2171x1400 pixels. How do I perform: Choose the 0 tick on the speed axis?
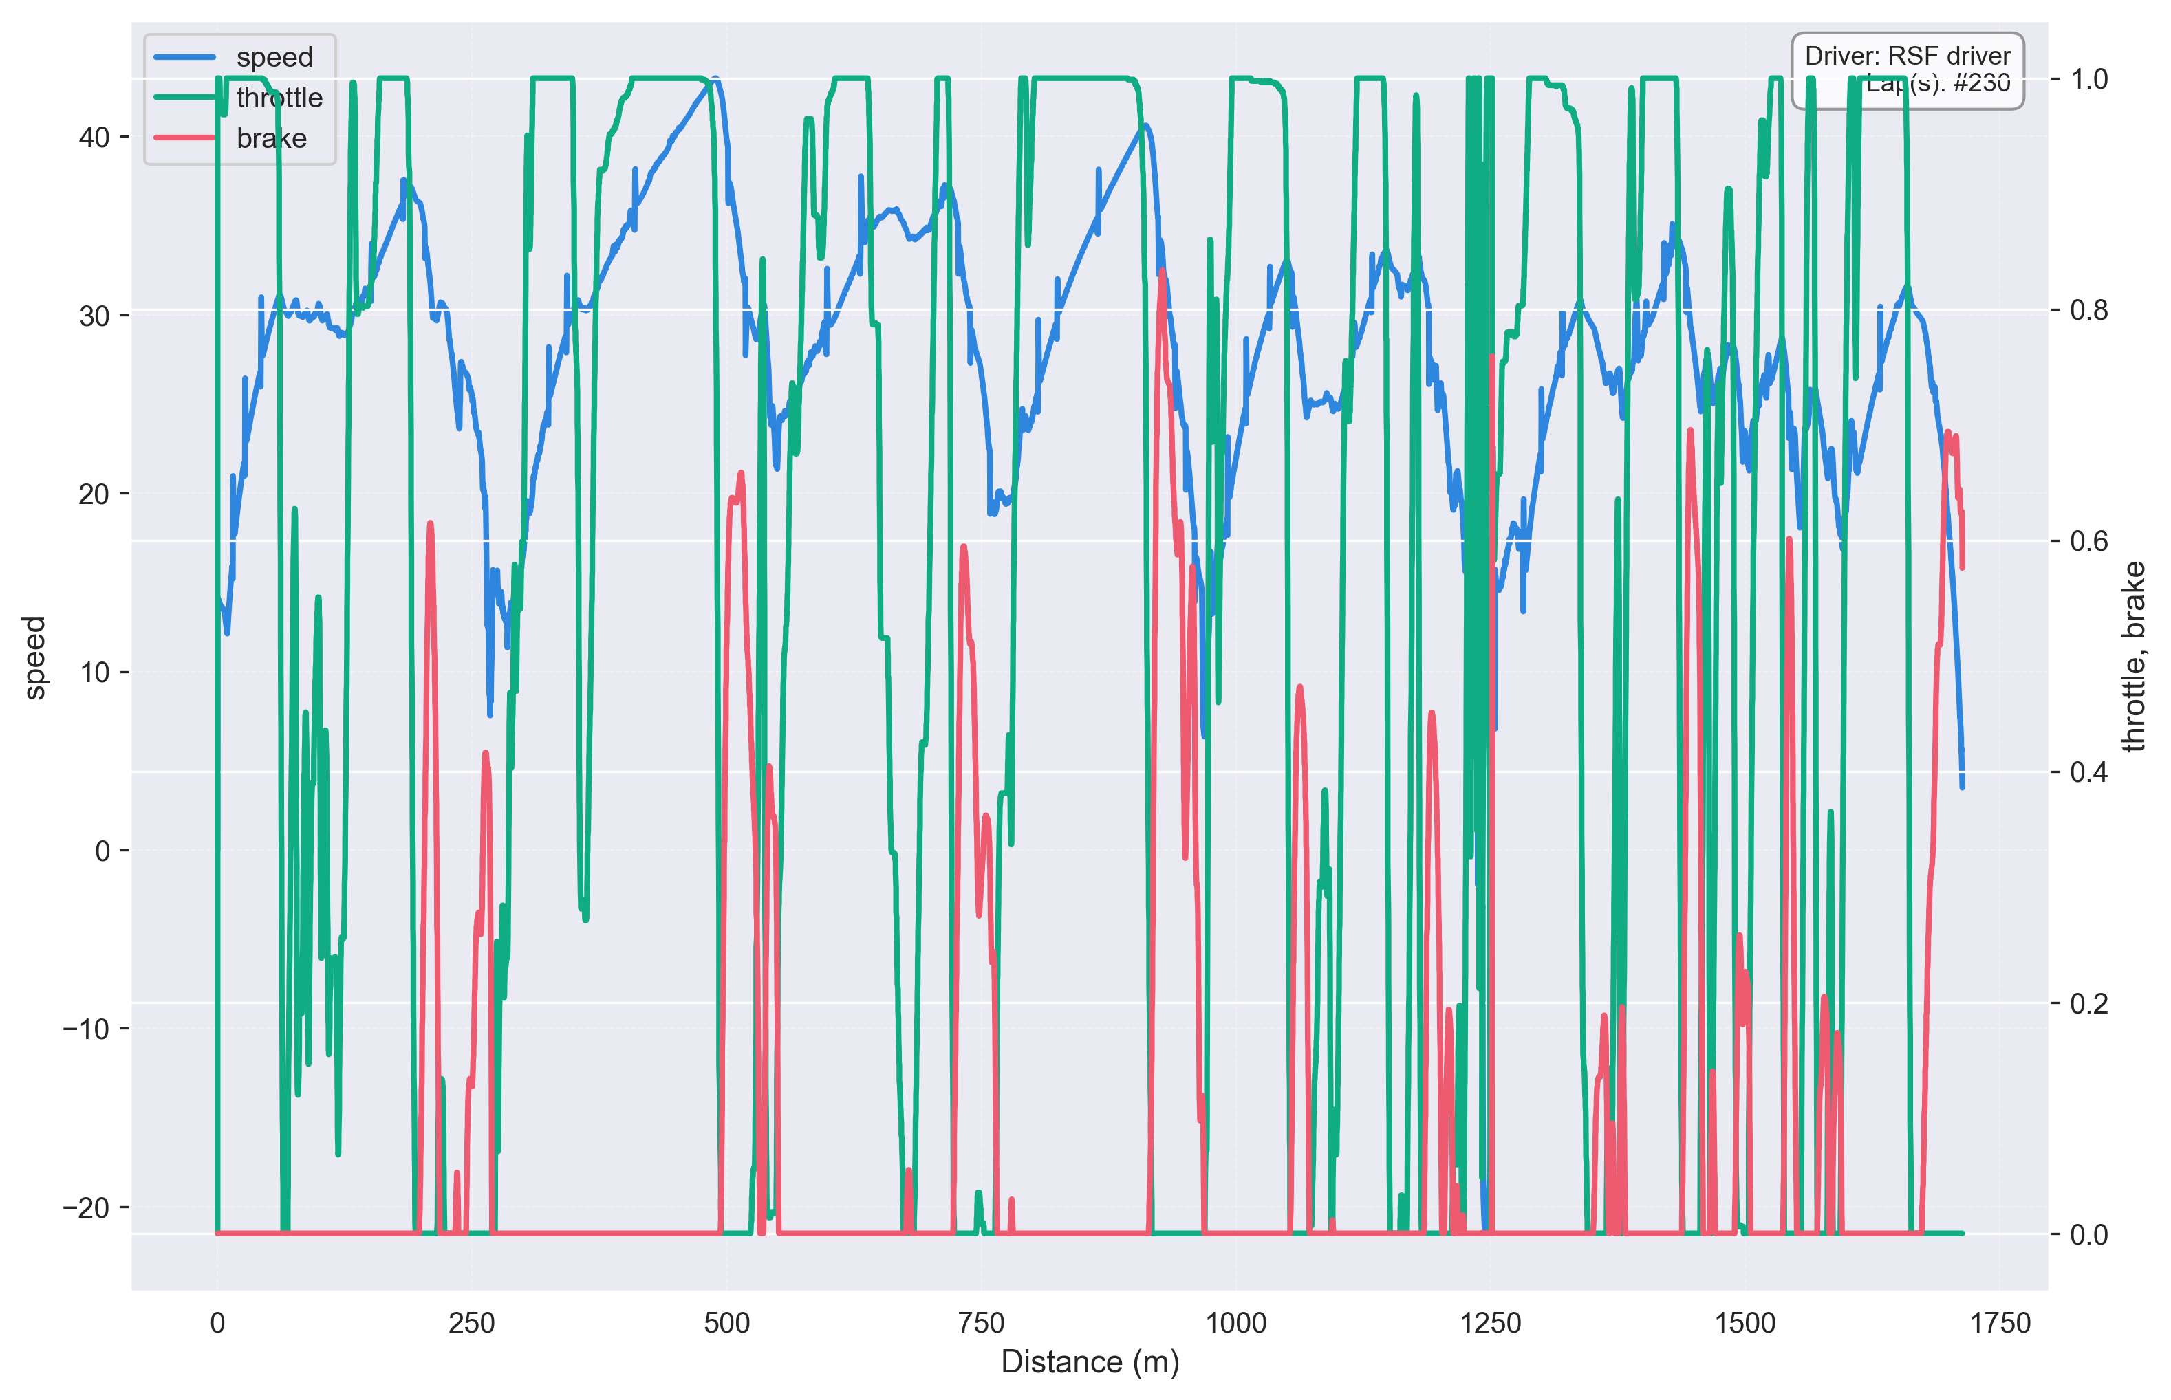pos(102,851)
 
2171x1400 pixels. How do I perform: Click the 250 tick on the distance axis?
pos(471,1323)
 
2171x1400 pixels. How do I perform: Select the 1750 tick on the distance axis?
pos(1999,1323)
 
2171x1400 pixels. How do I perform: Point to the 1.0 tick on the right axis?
pos(2088,79)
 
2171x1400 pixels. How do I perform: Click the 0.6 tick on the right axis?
pos(2088,541)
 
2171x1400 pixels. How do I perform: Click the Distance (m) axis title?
pos(1090,1361)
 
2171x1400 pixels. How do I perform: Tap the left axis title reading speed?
pos(34,657)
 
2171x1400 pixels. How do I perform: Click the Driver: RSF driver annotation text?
pos(1908,56)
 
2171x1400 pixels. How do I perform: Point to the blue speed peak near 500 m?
pos(716,80)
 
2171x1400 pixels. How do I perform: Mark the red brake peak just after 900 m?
pos(1163,271)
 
